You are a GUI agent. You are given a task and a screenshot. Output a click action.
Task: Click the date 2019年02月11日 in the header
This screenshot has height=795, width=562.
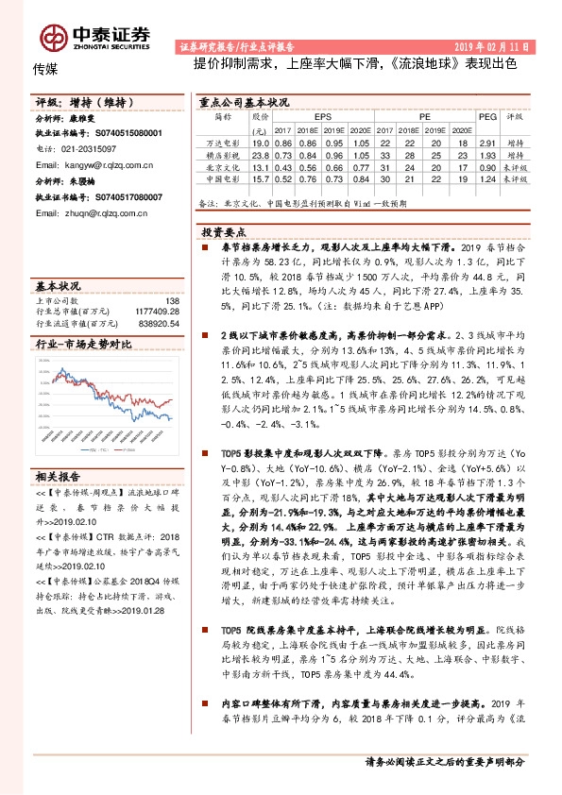point(497,45)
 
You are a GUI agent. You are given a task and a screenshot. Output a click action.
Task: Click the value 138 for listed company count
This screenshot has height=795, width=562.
point(171,300)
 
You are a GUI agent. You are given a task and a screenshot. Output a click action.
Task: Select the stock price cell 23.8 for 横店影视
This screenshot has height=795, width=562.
point(261,154)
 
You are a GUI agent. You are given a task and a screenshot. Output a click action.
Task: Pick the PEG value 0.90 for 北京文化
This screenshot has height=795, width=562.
point(486,166)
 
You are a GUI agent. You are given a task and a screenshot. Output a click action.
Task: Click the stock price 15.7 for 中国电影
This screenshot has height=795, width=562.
point(261,178)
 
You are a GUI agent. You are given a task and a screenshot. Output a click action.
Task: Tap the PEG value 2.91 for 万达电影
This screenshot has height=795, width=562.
point(486,142)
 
